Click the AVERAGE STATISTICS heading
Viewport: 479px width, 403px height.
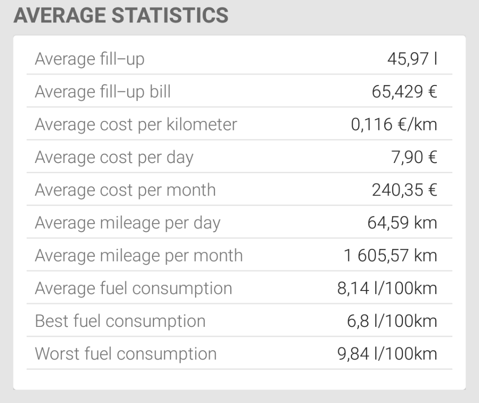tap(121, 15)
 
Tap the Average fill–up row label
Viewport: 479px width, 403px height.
tap(90, 59)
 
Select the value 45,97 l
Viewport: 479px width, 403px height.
tap(412, 59)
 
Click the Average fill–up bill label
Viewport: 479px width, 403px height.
tap(103, 92)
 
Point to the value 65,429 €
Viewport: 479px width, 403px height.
tap(404, 92)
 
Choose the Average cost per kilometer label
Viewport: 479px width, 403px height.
tap(136, 124)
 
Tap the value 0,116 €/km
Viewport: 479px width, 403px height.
tap(394, 124)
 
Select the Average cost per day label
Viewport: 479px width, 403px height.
tap(114, 157)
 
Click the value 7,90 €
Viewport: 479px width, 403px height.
tap(414, 157)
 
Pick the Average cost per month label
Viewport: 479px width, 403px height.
tap(125, 190)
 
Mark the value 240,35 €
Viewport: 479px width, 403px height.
tap(404, 190)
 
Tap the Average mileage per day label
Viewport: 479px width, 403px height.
tap(128, 223)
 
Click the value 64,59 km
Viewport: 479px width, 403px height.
tap(402, 223)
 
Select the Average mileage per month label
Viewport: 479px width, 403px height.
tap(139, 255)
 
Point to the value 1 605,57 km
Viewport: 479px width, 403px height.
tap(391, 255)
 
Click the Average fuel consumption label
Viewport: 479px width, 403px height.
tap(134, 288)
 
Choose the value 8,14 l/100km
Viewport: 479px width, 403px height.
tap(387, 288)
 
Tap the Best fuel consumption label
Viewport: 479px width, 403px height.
tap(120, 321)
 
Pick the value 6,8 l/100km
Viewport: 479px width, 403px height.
tap(391, 321)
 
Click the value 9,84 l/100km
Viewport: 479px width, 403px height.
tap(387, 354)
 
